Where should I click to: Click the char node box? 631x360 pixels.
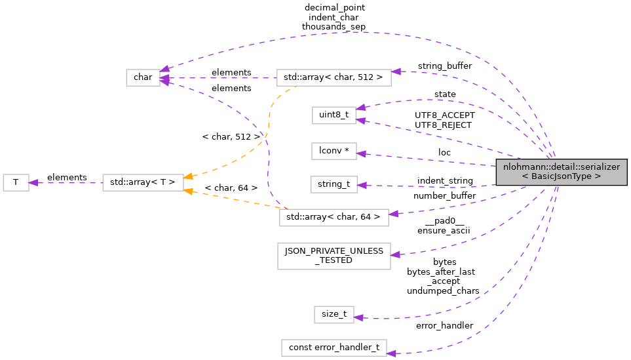(143, 77)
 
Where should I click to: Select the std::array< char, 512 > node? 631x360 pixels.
(334, 77)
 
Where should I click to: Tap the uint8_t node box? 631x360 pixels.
(334, 115)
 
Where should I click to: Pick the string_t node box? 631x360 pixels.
(334, 184)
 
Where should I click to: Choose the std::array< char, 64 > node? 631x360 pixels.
(334, 217)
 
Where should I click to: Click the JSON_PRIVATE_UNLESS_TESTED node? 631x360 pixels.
(334, 255)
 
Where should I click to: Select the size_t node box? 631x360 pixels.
(334, 314)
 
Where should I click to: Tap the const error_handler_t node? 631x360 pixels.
(334, 348)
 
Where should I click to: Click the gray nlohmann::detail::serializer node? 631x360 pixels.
(561, 172)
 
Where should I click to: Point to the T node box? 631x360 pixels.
(16, 182)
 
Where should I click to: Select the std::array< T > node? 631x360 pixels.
(143, 182)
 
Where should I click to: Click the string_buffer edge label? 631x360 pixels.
(444, 66)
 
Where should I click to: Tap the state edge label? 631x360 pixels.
(445, 94)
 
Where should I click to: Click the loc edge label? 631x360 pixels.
(444, 152)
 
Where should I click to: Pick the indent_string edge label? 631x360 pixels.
(444, 180)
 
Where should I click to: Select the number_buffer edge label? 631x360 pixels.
(444, 195)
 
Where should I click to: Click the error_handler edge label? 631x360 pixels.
(444, 325)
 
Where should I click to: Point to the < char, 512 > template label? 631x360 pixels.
(231, 137)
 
